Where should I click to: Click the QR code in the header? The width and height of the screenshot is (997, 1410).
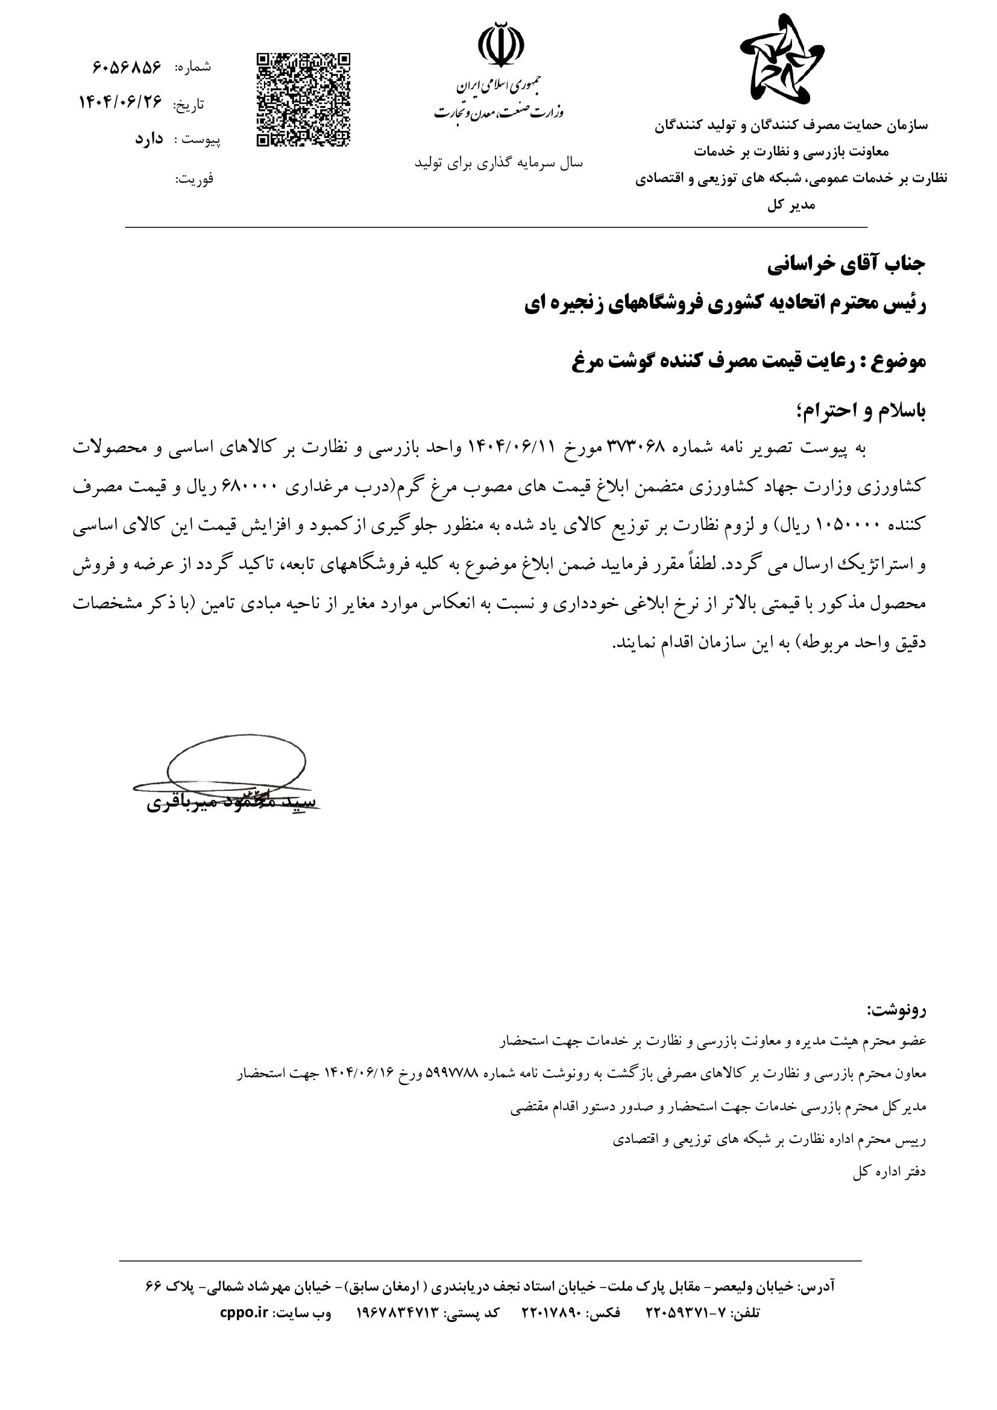click(303, 100)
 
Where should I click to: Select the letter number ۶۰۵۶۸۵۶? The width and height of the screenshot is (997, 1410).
click(127, 66)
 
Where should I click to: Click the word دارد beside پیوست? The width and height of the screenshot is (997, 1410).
click(148, 139)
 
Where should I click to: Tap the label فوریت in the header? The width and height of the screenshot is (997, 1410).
click(195, 178)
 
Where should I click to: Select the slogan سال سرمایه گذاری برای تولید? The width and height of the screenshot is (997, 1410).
click(498, 163)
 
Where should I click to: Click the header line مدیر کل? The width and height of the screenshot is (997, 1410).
click(791, 206)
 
